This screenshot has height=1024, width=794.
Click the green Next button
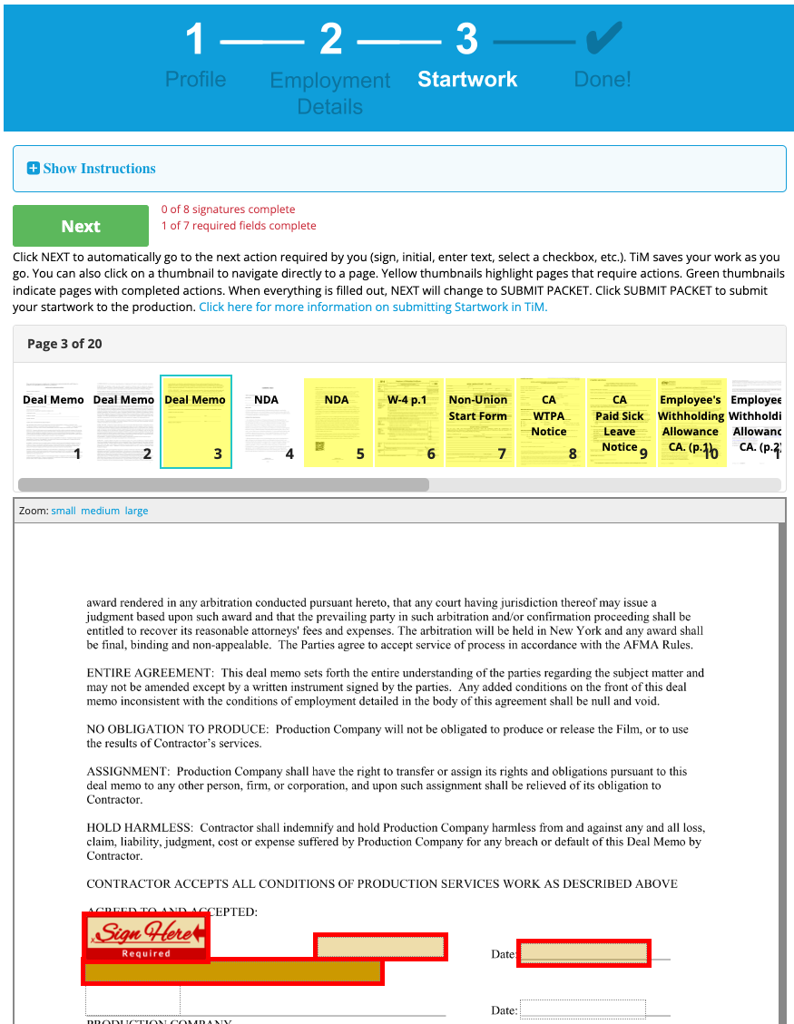(x=81, y=226)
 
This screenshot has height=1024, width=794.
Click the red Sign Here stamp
(x=146, y=936)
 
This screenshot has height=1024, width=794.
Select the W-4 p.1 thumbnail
(x=408, y=423)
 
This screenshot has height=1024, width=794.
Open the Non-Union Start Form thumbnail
(x=478, y=423)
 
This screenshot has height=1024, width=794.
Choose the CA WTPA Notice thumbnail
(x=549, y=423)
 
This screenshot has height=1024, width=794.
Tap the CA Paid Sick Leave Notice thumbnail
(x=620, y=423)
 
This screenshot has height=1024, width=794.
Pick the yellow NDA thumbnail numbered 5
(x=338, y=423)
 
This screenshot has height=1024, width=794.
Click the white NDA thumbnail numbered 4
(x=267, y=423)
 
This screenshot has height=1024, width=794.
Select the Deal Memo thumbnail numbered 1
(x=54, y=423)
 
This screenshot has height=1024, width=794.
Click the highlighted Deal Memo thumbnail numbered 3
(x=196, y=423)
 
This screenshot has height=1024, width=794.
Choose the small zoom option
(x=64, y=511)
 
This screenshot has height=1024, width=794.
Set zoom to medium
(x=100, y=511)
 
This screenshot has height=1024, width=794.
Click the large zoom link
(x=136, y=511)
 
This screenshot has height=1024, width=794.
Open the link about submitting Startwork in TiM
(x=373, y=307)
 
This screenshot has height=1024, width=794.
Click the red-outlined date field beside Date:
(x=583, y=953)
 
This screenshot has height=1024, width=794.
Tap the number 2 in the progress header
(x=330, y=41)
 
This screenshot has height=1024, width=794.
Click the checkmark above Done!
(x=603, y=39)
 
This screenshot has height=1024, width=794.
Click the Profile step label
(x=195, y=79)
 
